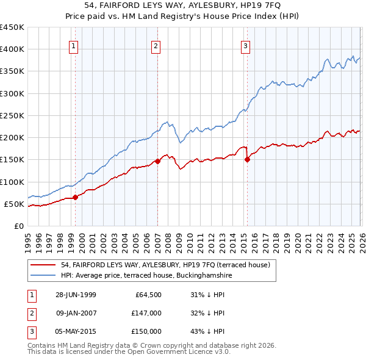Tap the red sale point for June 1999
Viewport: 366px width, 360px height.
(x=76, y=197)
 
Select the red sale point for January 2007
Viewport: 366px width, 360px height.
(x=157, y=161)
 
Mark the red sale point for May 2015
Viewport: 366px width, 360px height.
(x=247, y=160)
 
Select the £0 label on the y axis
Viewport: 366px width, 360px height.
(x=18, y=226)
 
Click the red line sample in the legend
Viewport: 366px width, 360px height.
(x=44, y=265)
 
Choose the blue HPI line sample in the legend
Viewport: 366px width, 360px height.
(x=44, y=276)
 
